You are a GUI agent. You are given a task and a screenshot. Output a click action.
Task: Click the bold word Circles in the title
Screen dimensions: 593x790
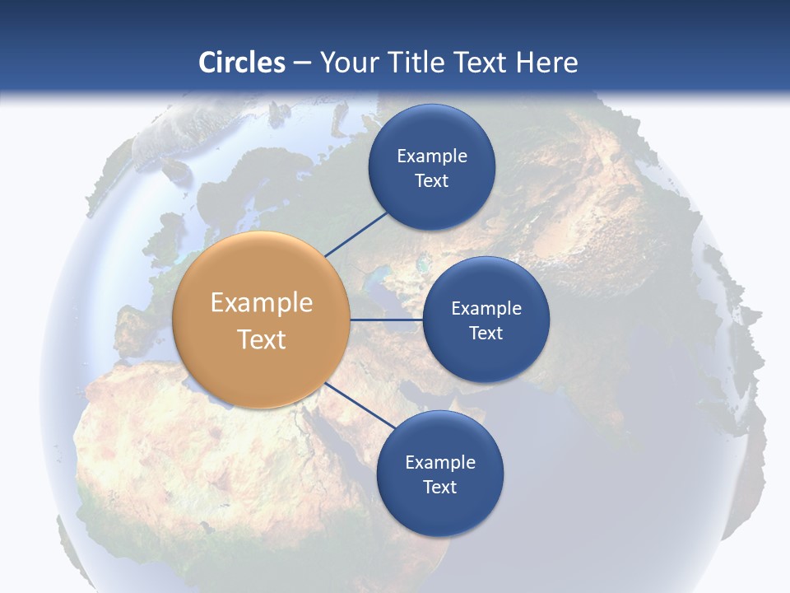242,63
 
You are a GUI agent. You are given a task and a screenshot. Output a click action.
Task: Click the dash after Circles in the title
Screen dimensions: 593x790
302,63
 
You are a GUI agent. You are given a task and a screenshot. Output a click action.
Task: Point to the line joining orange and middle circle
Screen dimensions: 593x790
387,320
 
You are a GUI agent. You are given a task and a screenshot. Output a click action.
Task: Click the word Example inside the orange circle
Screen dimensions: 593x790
262,303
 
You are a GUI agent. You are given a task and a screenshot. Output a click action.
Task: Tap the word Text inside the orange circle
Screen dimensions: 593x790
262,339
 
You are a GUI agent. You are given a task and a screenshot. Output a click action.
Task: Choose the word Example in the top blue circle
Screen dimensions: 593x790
431,156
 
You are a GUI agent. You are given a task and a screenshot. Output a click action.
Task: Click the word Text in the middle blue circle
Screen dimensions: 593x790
486,334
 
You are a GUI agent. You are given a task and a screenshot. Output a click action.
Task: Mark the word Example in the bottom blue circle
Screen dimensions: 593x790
439,463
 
